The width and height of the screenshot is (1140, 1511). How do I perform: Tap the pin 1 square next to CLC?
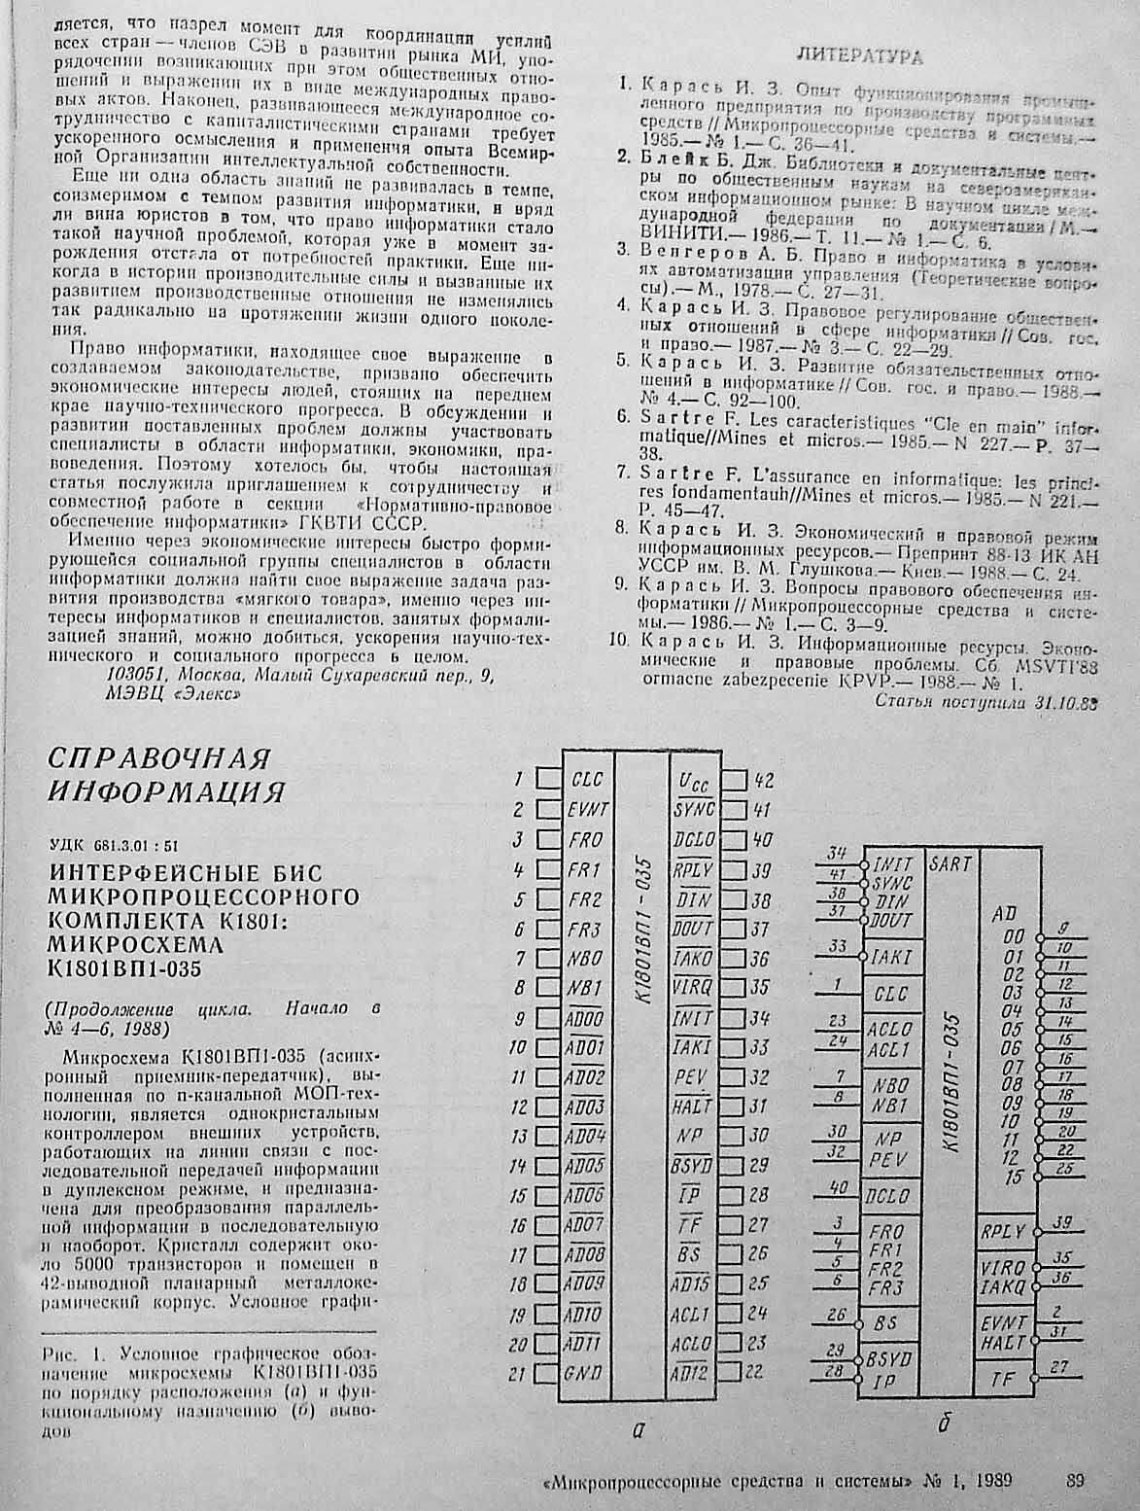[x=549, y=779]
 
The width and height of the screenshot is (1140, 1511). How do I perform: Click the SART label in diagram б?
[x=950, y=863]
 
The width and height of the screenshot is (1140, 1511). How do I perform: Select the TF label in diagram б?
[x=1003, y=1376]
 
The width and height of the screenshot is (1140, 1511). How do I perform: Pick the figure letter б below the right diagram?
[x=942, y=1425]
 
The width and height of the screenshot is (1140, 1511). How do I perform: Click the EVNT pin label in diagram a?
[x=588, y=809]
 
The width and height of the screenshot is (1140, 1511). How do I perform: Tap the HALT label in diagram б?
[x=1003, y=1341]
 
